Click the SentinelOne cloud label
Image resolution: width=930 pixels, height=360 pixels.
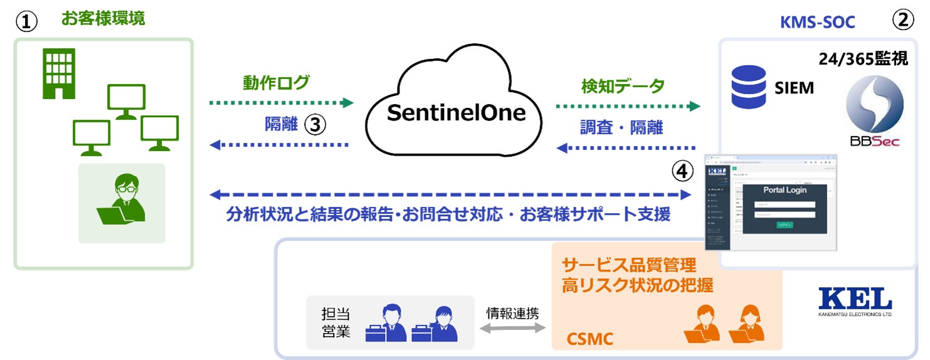(x=455, y=113)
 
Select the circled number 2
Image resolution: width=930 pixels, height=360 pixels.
(x=902, y=21)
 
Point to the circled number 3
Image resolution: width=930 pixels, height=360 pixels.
(x=315, y=125)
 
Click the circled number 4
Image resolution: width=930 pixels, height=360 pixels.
(x=682, y=170)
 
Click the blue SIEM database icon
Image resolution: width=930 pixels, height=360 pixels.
(x=749, y=87)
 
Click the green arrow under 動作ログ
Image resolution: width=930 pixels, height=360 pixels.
(x=281, y=102)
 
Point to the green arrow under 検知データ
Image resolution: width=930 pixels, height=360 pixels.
(x=628, y=106)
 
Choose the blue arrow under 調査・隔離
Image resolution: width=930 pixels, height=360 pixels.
(x=628, y=149)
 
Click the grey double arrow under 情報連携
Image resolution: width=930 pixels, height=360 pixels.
(x=512, y=329)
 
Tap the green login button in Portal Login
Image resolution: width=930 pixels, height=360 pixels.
(x=785, y=225)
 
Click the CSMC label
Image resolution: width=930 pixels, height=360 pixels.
(x=589, y=340)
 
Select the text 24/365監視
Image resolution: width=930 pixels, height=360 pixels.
(x=862, y=60)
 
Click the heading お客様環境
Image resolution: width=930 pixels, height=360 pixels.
(x=103, y=18)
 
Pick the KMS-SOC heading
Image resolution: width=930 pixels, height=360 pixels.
(x=817, y=23)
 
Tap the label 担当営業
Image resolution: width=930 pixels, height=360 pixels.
(x=336, y=322)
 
